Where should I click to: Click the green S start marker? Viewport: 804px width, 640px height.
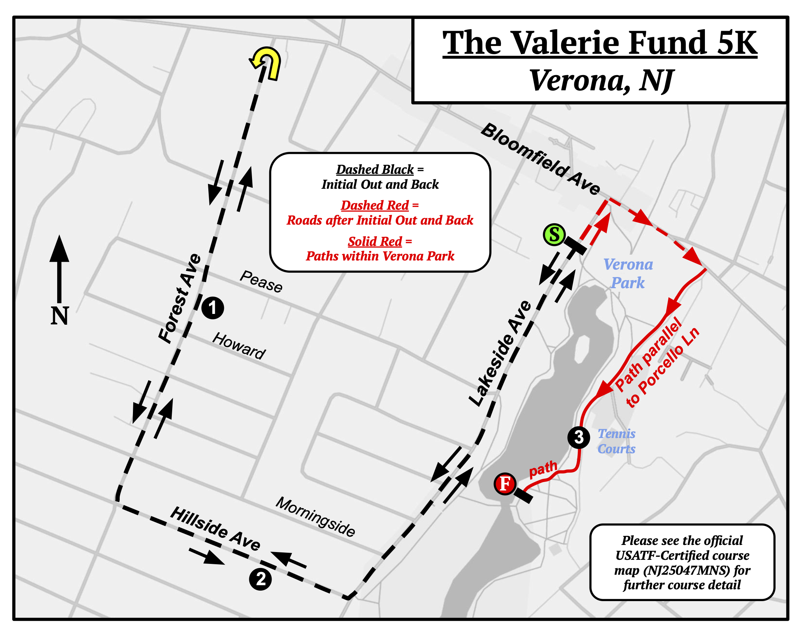point(554,235)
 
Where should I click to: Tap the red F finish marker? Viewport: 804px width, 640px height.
point(505,484)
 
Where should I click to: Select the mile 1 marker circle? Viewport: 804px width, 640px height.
point(212,308)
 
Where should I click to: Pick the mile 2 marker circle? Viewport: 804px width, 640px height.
point(260,579)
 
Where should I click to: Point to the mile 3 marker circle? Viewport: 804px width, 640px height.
point(578,437)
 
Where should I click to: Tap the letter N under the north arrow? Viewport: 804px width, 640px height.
point(60,316)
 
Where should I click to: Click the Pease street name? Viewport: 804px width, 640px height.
point(261,281)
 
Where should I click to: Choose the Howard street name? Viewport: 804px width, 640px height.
point(239,346)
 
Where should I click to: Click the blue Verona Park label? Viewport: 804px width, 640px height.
point(628,273)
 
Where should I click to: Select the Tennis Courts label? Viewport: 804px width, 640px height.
point(616,441)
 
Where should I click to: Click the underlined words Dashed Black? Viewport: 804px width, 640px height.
point(375,169)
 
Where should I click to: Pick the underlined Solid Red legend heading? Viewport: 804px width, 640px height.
point(375,241)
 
